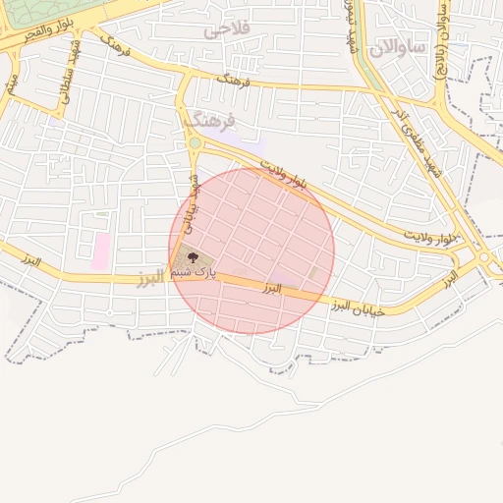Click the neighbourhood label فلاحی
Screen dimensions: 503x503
[x=227, y=29]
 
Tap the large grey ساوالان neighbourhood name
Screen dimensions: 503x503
[x=398, y=45]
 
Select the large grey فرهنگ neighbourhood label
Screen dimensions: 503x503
[x=209, y=121]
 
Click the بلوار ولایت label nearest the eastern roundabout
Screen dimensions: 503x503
[x=434, y=237]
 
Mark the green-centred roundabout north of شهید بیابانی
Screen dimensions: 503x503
[x=195, y=143]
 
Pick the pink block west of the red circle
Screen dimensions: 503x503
[x=101, y=251]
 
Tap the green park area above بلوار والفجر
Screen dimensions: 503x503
[x=49, y=14]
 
